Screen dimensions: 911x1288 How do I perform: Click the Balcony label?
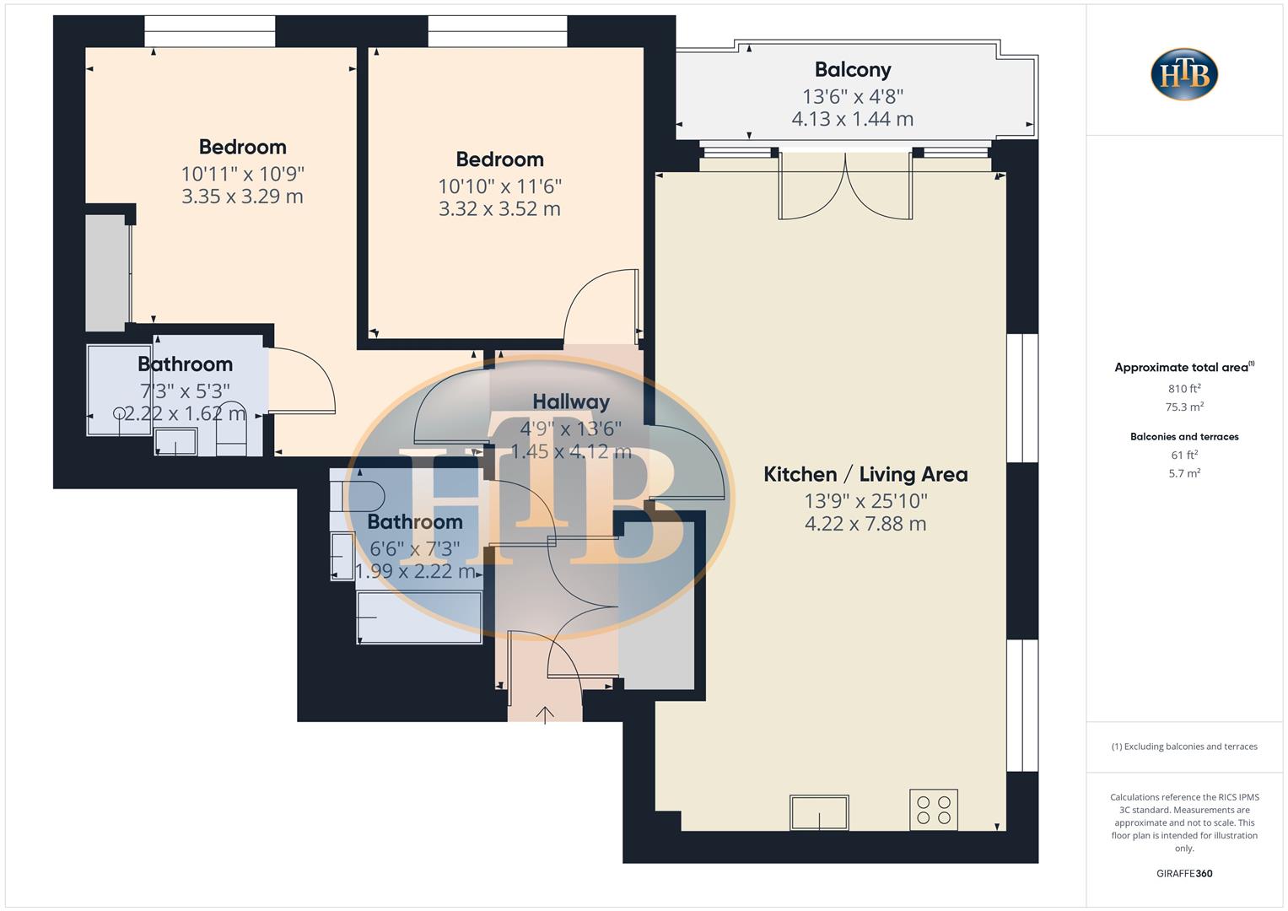pyautogui.click(x=852, y=70)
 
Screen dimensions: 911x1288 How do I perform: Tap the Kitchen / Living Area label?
pyautogui.click(x=865, y=474)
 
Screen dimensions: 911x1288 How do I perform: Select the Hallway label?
pyautogui.click(x=571, y=402)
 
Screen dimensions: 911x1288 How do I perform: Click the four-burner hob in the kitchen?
pyautogui.click(x=934, y=810)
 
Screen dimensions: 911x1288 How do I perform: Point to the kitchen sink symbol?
pyautogui.click(x=819, y=812)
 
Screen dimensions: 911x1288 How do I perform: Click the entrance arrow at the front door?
pyautogui.click(x=545, y=714)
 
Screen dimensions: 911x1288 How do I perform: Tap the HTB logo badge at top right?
pyautogui.click(x=1184, y=74)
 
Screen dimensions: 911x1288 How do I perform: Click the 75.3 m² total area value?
pyautogui.click(x=1184, y=407)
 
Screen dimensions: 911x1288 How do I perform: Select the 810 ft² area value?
pyautogui.click(x=1184, y=389)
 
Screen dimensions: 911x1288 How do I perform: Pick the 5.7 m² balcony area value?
pyautogui.click(x=1184, y=473)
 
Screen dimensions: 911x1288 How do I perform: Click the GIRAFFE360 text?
pyautogui.click(x=1184, y=874)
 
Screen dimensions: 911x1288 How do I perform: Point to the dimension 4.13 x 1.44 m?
pyautogui.click(x=852, y=119)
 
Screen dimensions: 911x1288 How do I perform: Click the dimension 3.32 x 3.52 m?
pyautogui.click(x=499, y=208)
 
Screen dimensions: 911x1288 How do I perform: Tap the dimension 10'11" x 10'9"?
pyautogui.click(x=242, y=174)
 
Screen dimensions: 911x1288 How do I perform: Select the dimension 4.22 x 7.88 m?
pyautogui.click(x=865, y=524)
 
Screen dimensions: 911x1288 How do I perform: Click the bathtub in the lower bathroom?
pyautogui.click(x=419, y=617)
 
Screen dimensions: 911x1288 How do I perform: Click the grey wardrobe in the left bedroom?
pyautogui.click(x=107, y=272)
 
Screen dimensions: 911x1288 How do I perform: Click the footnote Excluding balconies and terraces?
pyautogui.click(x=1184, y=747)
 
